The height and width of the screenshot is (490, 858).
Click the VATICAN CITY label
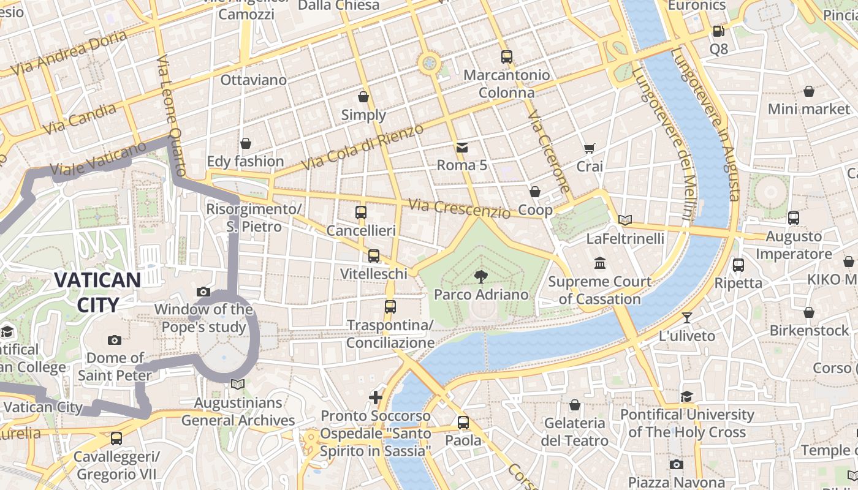tap(97, 292)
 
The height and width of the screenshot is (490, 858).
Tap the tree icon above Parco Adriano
tap(481, 276)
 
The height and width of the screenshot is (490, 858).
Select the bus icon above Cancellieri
tap(361, 213)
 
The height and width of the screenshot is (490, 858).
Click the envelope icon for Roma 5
tap(462, 147)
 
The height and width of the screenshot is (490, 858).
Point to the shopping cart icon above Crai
tap(590, 148)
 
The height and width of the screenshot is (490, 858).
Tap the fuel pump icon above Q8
tap(718, 30)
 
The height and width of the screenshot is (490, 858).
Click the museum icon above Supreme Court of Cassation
tap(600, 263)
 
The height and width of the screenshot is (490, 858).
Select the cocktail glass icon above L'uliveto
tap(687, 317)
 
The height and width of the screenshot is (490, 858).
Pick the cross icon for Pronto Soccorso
tap(376, 398)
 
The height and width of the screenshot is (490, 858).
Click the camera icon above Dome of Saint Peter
tap(115, 340)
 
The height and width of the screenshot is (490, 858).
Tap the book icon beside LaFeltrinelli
tap(625, 220)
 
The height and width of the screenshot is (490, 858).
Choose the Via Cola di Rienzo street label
tap(362, 147)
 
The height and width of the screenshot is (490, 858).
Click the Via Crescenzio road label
tap(459, 208)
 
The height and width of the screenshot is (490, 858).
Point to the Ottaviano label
tap(253, 80)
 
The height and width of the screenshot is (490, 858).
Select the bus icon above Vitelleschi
tap(374, 255)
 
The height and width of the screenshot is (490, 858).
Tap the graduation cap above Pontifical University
tap(687, 396)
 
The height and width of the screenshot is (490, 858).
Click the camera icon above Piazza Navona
tap(676, 465)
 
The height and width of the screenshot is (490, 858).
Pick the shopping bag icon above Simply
tap(363, 97)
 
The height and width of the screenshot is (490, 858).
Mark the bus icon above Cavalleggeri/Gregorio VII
tap(116, 439)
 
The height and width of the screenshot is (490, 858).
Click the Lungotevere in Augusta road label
tap(705, 123)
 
